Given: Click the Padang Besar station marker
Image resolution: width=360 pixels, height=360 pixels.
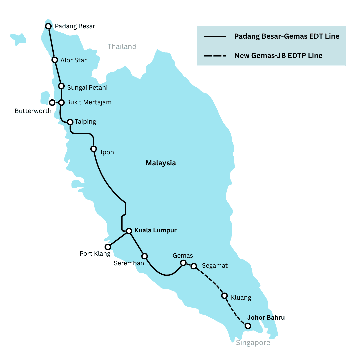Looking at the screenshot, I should [48, 26].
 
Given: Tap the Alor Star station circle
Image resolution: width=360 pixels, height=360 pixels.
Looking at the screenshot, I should [55, 60].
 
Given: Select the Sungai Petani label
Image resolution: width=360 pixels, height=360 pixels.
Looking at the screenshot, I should [87, 87].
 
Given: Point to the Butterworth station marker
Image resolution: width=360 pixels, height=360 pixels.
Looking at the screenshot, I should [52, 103].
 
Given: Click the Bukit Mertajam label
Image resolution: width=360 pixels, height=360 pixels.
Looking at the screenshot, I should [89, 102].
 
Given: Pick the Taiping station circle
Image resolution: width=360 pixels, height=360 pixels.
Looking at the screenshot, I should [70, 122].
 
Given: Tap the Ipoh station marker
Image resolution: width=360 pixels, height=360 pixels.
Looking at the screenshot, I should [94, 149].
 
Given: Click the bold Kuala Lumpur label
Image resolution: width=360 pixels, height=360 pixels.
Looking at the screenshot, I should [155, 230].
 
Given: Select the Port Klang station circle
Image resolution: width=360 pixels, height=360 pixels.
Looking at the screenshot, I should [108, 247].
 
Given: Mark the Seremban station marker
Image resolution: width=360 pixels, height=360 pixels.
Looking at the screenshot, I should [144, 256].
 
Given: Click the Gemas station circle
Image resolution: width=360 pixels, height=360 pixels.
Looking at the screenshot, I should [183, 263].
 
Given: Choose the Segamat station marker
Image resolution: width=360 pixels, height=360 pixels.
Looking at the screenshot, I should [193, 266].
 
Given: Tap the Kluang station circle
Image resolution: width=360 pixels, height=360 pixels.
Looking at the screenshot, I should [224, 296].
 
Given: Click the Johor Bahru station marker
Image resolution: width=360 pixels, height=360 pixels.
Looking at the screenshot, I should [247, 326].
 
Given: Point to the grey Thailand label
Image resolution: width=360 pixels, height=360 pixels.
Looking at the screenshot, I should [122, 47].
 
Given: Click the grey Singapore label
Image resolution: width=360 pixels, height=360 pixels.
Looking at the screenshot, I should [253, 343].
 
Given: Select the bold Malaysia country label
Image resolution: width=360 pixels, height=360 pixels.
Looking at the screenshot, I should [161, 163].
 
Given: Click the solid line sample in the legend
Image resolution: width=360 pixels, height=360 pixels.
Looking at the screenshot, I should [215, 36].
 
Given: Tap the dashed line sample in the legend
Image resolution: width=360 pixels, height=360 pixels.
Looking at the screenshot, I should [215, 55].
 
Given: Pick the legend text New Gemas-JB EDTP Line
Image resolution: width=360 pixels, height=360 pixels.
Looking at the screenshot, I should [278, 55].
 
